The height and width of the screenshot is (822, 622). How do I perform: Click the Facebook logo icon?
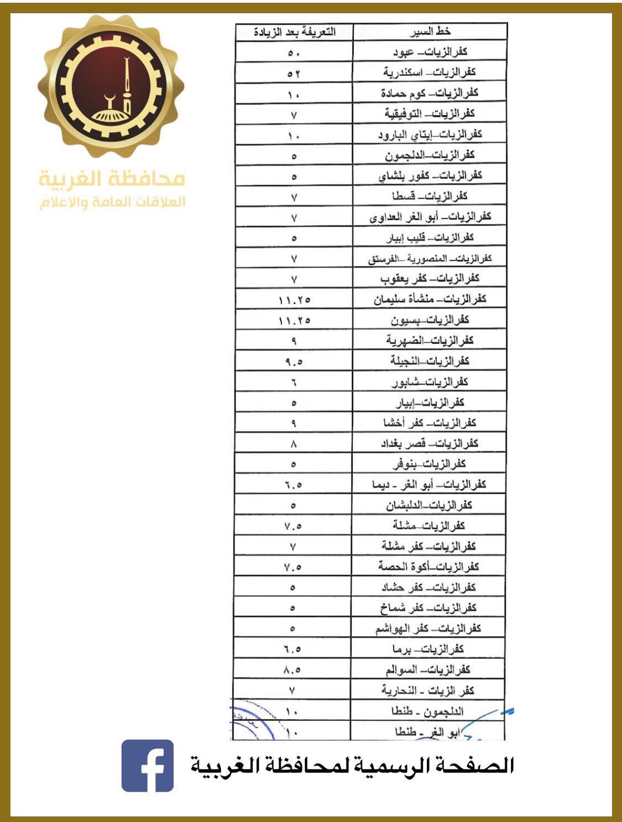(147, 766)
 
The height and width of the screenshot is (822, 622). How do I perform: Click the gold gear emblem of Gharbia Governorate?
(111, 86)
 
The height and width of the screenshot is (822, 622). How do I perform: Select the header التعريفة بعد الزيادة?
(295, 32)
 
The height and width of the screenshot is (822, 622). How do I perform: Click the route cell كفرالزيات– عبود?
(430, 52)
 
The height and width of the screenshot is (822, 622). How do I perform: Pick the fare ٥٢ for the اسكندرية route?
(294, 73)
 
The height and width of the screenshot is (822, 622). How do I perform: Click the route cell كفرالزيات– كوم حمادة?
(430, 93)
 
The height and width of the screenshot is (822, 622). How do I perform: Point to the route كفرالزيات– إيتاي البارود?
(430, 134)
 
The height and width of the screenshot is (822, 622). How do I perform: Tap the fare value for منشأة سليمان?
(294, 300)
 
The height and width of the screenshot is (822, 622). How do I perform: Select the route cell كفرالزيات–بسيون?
(430, 320)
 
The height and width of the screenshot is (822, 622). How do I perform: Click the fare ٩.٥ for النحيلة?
(294, 362)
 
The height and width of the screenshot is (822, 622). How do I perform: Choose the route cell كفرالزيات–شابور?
(430, 382)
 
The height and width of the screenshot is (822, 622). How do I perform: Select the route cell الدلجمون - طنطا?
(427, 711)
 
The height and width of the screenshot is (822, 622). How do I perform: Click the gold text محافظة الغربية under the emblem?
(112, 179)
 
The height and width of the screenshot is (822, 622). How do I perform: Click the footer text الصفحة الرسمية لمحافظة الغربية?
(352, 766)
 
